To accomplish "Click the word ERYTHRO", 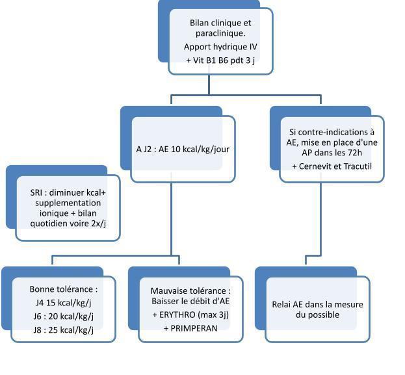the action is (x=177, y=315).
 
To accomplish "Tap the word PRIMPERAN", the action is (x=194, y=328).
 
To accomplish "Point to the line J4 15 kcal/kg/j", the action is (x=63, y=303).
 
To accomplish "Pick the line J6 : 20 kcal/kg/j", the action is (x=64, y=317).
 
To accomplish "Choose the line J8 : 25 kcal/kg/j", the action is (x=64, y=330).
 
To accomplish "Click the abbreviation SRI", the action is (x=36, y=192).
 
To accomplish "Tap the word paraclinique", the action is (x=220, y=33).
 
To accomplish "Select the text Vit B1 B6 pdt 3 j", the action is (x=224, y=60).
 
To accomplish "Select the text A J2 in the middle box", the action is (x=144, y=149).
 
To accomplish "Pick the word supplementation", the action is (x=68, y=203).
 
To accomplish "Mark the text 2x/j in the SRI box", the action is (x=99, y=224).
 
